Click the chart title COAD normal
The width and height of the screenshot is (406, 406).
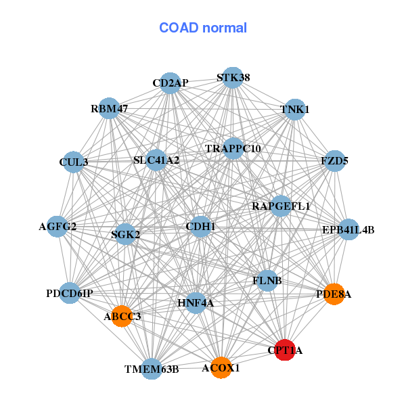tap(202, 28)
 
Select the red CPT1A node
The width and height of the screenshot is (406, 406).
tap(285, 350)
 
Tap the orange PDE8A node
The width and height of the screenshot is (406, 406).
tap(334, 294)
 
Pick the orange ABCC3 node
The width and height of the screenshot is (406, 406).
tap(122, 316)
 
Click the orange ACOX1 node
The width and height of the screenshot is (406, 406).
tap(221, 368)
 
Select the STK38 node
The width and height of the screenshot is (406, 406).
tap(233, 78)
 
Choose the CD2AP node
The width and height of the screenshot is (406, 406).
tap(171, 83)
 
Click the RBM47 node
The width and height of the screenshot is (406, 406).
tap(110, 108)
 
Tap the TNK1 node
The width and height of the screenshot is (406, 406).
tap(294, 109)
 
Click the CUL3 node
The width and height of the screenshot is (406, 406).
tap(74, 162)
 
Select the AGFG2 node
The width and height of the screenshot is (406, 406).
tap(58, 227)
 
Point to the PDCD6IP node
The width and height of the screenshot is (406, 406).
tap(70, 293)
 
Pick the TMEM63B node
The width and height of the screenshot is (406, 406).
tap(152, 369)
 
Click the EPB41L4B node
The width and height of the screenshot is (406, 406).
tap(348, 230)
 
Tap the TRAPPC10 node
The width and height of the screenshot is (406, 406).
tap(233, 148)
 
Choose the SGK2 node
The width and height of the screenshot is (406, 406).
tap(126, 235)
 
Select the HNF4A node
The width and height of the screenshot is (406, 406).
tap(196, 303)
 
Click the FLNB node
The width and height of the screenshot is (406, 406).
tap(267, 280)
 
